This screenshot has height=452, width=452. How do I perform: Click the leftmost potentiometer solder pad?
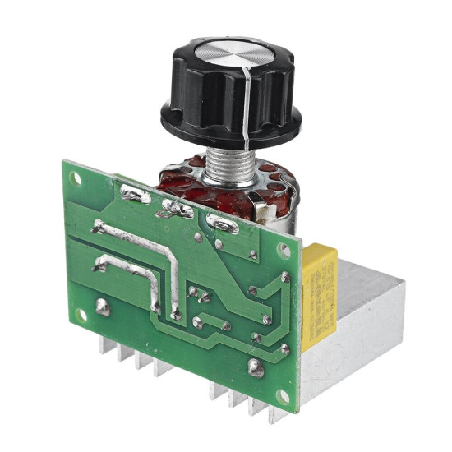click(x=135, y=196)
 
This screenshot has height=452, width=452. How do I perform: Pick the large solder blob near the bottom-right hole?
click(x=256, y=369)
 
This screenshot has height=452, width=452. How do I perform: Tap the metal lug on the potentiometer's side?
click(x=264, y=216)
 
